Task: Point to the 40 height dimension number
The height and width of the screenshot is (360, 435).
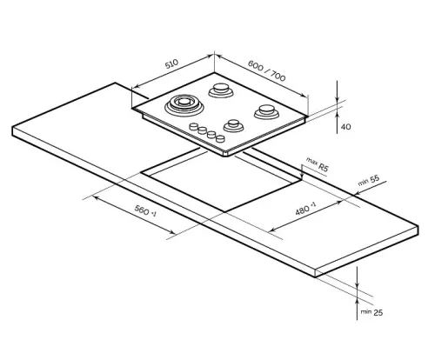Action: tap(345, 127)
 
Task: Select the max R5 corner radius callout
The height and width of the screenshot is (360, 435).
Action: tap(316, 163)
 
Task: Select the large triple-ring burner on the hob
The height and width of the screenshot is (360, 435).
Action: tap(184, 105)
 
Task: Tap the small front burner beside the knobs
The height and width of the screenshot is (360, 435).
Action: tap(232, 125)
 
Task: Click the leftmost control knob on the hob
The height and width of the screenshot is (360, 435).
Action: tap(193, 127)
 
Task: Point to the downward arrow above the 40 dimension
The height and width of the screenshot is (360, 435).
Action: tap(338, 97)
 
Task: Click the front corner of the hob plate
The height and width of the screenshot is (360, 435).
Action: tap(228, 154)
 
